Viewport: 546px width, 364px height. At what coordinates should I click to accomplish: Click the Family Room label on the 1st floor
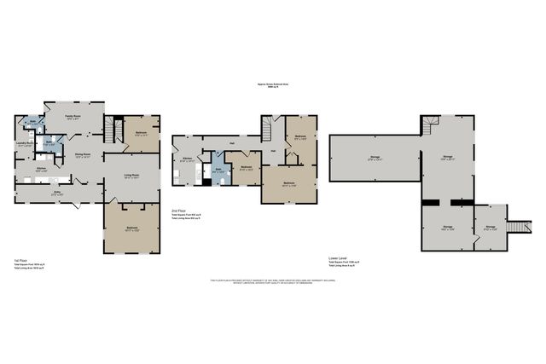73,116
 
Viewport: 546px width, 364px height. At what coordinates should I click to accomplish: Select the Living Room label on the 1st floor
130,176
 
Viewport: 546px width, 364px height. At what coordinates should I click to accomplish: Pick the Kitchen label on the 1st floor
41,169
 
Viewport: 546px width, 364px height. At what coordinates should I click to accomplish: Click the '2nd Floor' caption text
179,210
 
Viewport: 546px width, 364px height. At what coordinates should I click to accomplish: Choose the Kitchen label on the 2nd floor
187,159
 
